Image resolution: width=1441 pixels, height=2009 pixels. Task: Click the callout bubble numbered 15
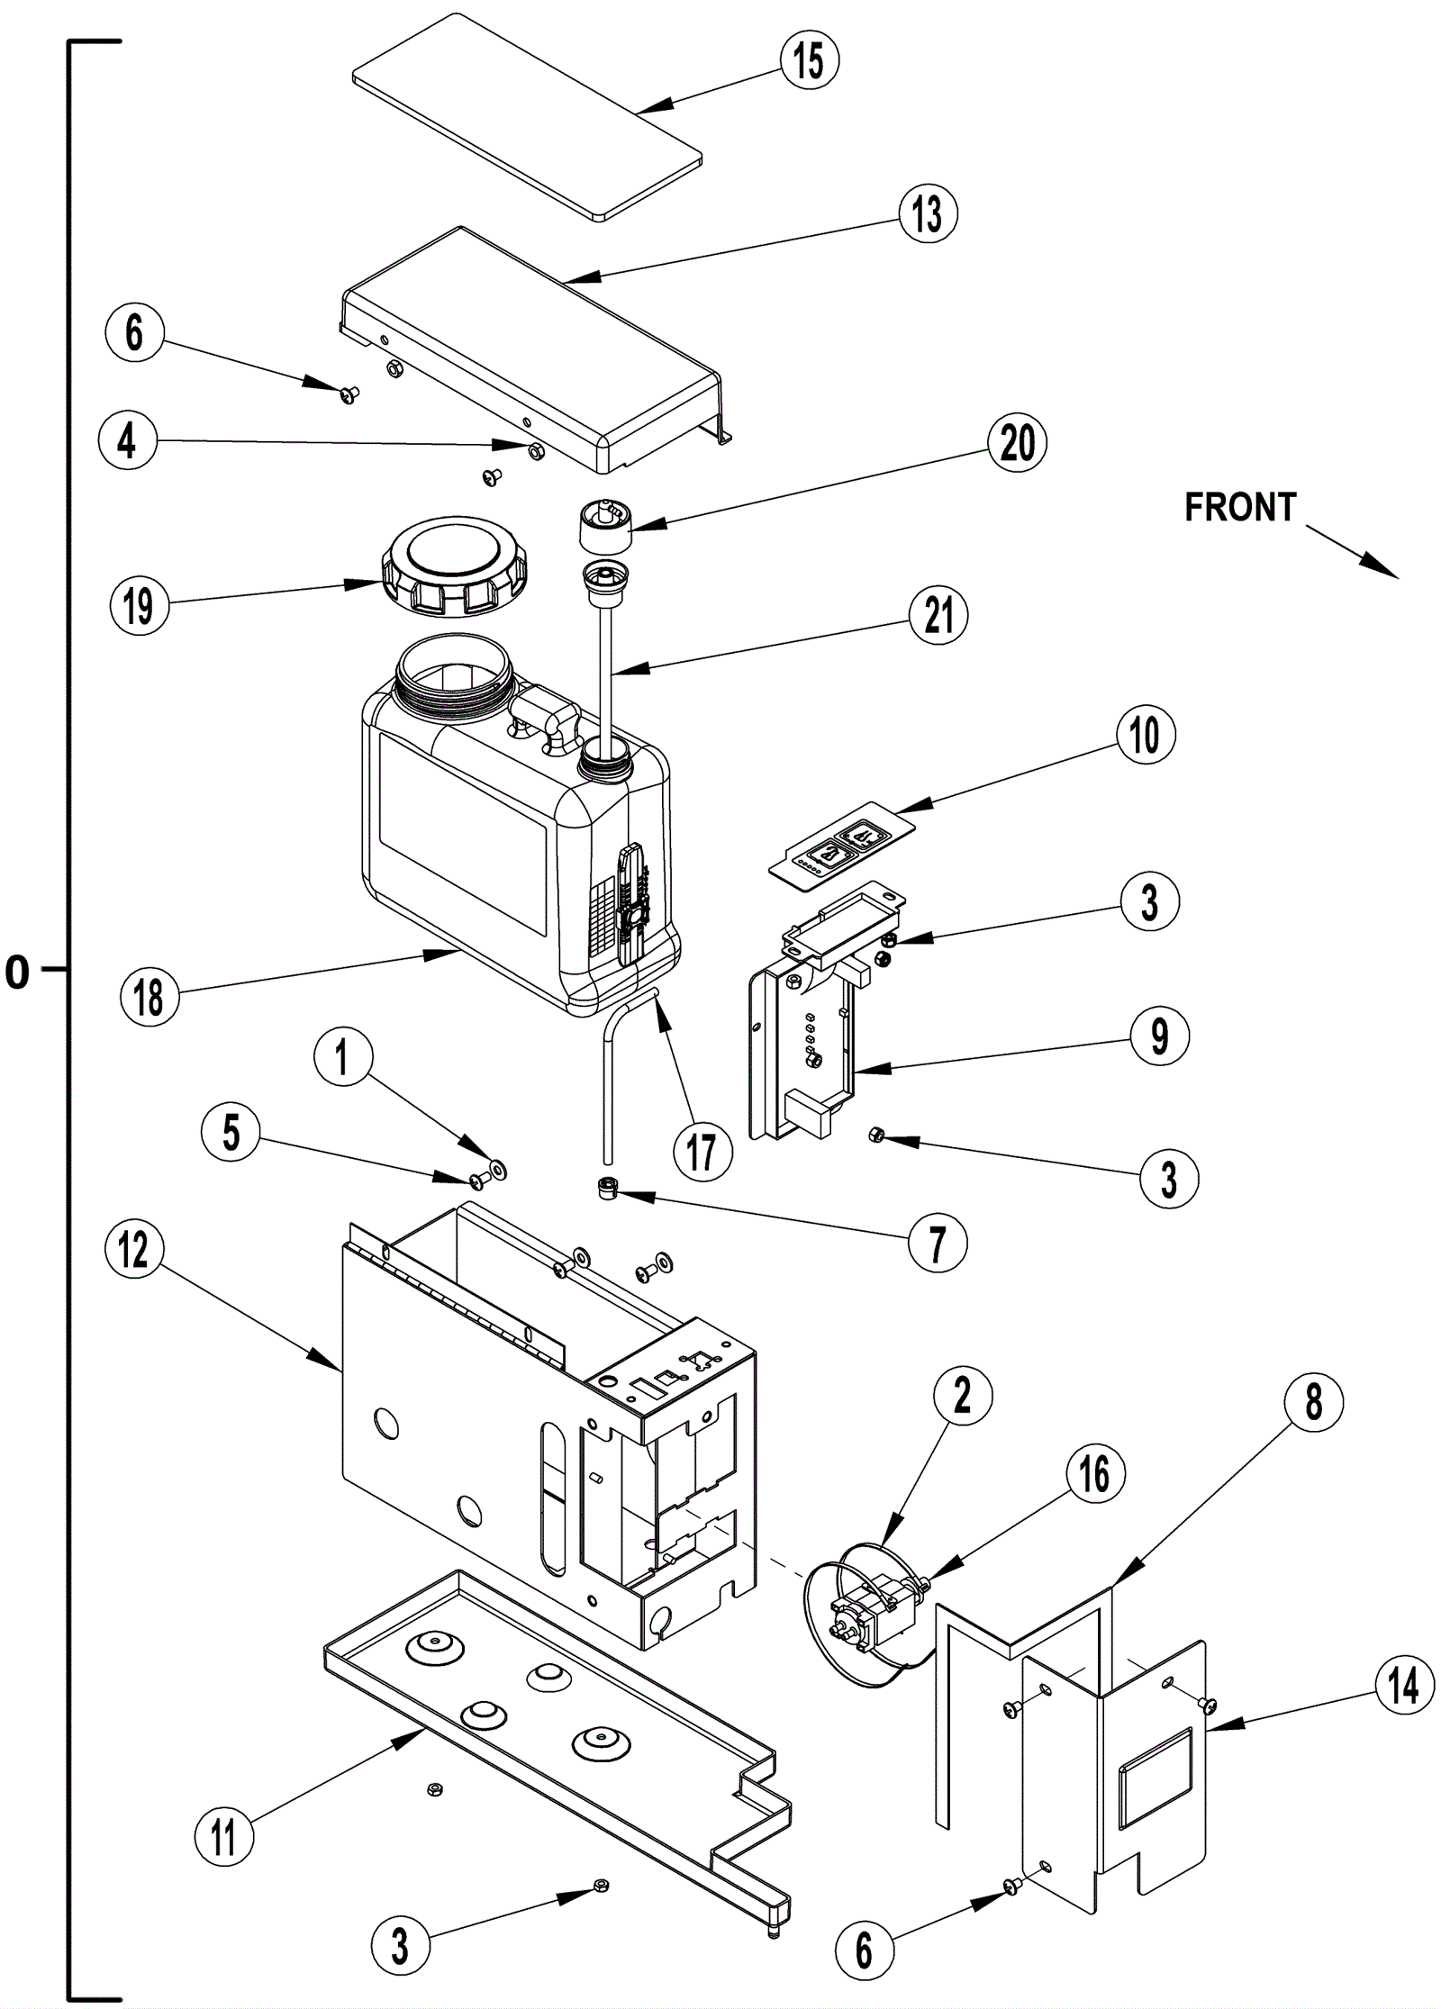coord(809,61)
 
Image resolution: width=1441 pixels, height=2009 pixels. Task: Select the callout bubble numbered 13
coord(928,214)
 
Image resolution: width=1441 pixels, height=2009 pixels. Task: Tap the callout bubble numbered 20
coord(1018,443)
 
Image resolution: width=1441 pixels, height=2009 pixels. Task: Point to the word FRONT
coord(1239,508)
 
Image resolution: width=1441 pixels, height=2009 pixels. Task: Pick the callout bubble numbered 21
coord(938,616)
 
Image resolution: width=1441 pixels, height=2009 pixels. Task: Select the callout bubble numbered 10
coord(1146,735)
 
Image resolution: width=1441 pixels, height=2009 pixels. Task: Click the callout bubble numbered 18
coord(150,997)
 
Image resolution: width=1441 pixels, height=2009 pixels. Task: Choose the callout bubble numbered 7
coord(938,1244)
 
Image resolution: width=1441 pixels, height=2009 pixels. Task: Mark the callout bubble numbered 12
coord(134,1249)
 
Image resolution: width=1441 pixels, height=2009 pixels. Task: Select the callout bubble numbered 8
coord(1314,1402)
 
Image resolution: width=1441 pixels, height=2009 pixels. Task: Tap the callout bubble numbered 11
coord(223,1837)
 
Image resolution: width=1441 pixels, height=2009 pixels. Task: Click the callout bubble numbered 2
coord(963,1396)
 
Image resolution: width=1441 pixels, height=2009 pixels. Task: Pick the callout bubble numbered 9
coord(1160,1036)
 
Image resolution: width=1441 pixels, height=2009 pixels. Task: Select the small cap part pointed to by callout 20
coord(603,529)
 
